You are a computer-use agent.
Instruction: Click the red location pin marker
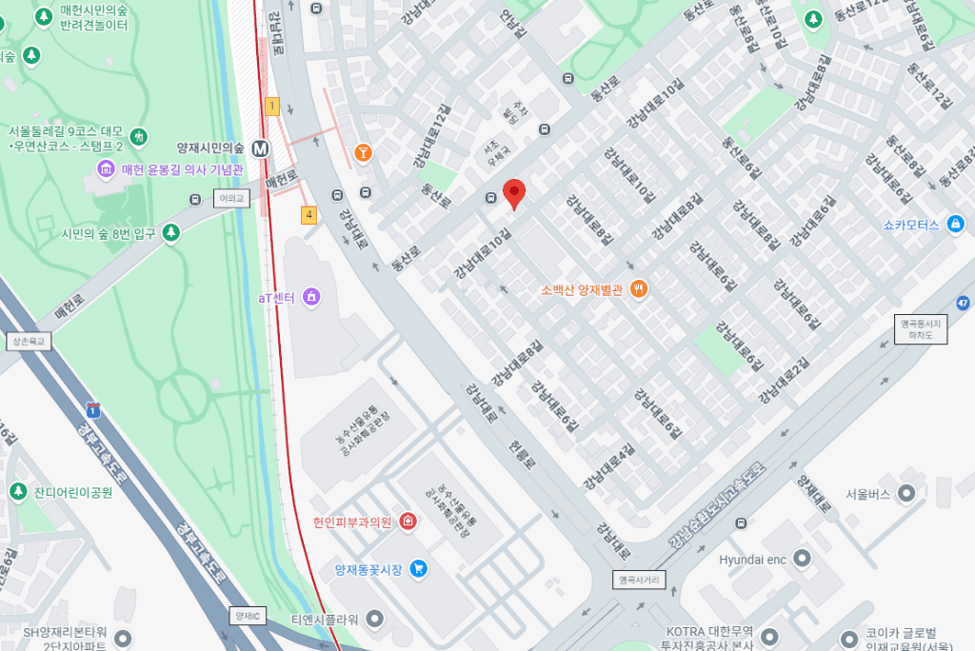514,193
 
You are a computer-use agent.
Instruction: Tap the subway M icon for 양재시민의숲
260,148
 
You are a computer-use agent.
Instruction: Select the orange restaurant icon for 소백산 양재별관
639,289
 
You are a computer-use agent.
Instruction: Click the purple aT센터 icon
310,298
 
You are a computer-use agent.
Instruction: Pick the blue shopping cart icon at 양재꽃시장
418,569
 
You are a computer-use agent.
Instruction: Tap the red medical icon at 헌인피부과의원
408,522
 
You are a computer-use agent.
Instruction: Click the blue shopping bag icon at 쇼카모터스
956,225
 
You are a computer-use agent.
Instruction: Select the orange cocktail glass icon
363,152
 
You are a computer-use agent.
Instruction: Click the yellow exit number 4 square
308,215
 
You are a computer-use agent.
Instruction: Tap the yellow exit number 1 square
272,107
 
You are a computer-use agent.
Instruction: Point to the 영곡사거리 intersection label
638,579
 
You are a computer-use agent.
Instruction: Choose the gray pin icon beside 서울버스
906,494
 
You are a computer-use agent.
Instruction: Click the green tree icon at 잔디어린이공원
17,492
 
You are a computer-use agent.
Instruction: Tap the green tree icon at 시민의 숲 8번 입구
171,232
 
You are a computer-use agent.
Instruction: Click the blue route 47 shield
964,304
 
